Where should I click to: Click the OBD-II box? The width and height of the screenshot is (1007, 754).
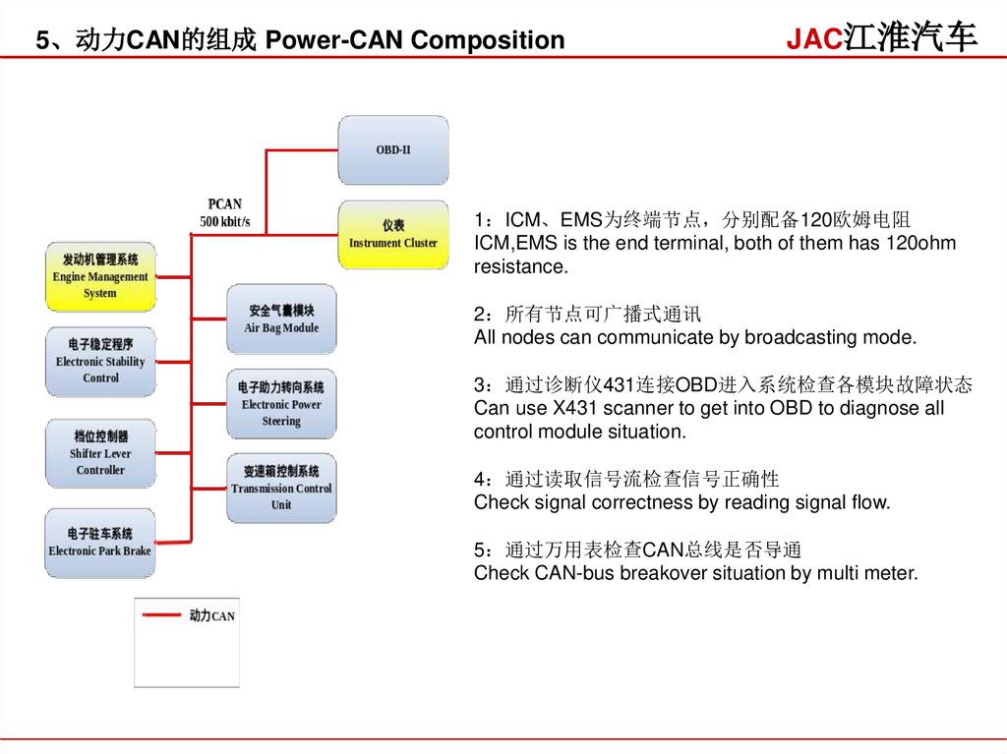click(x=393, y=150)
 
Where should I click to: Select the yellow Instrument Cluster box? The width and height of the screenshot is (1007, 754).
click(x=393, y=235)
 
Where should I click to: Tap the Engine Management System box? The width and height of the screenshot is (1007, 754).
click(x=100, y=276)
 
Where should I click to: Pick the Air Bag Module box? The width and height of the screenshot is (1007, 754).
click(x=281, y=319)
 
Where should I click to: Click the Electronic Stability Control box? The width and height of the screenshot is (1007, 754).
click(x=100, y=361)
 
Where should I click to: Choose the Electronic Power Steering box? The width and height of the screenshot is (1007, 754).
click(x=281, y=404)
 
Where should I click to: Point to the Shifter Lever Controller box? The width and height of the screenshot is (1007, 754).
click(x=100, y=453)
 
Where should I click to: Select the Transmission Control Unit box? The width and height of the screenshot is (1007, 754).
click(x=281, y=488)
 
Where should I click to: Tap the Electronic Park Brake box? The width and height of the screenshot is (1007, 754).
click(x=100, y=543)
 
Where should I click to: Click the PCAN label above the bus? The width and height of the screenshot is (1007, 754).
click(x=225, y=204)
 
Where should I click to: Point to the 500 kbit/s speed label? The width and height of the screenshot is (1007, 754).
click(x=225, y=222)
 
